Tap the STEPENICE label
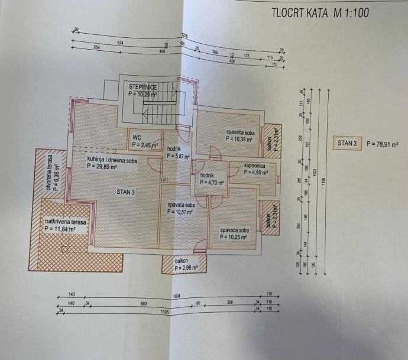pyautogui.click(x=144, y=87)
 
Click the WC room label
pyautogui.click(x=137, y=137)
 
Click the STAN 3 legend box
pyautogui.click(x=347, y=142)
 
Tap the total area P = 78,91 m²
pyautogui.click(x=382, y=143)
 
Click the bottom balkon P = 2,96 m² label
pyautogui.click(x=185, y=268)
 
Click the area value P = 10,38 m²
pyautogui.click(x=240, y=139)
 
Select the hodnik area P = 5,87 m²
pyautogui.click(x=178, y=157)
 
